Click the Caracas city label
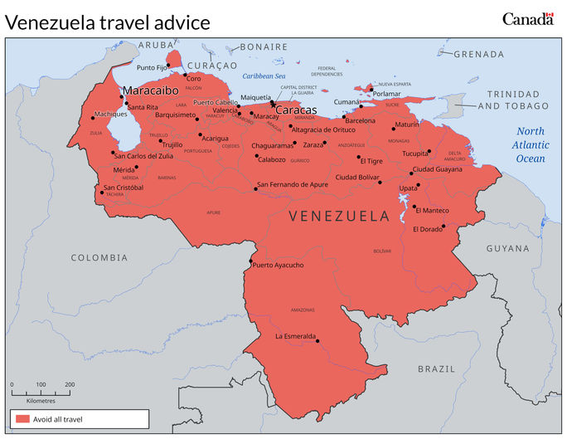coord(296,110)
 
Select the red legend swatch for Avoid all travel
coord(22,419)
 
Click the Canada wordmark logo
coord(527,18)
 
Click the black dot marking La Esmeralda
coord(317,339)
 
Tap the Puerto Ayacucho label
coord(279,266)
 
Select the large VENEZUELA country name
coord(339,216)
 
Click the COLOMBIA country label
coord(99,258)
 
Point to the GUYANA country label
coord(507,248)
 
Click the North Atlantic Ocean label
coord(531,144)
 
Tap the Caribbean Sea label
coord(264,76)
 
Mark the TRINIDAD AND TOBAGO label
coord(517,100)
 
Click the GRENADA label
coord(479,54)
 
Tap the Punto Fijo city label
coord(152,67)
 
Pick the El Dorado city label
coord(428,229)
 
